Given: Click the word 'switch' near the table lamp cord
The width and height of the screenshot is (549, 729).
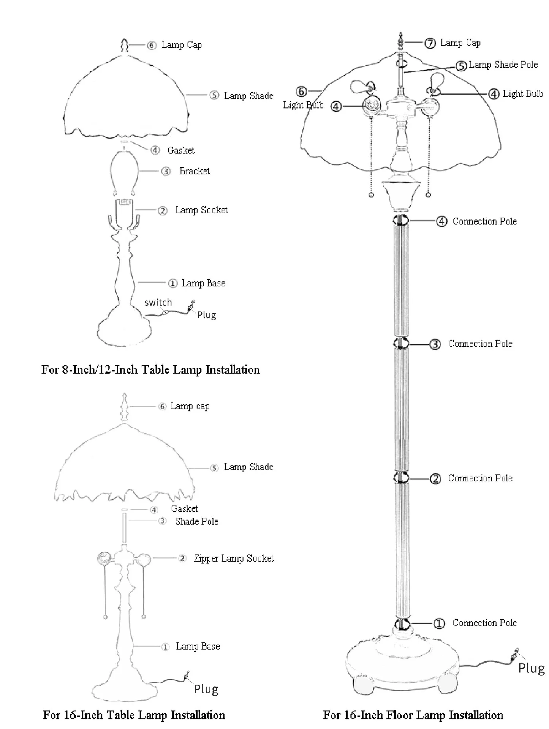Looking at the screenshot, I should [158, 303].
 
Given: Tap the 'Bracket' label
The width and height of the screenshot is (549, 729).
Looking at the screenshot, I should [195, 171].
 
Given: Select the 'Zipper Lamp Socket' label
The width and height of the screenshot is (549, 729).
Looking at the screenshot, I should [233, 558].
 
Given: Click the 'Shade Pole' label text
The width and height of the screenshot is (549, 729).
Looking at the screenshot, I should [196, 521].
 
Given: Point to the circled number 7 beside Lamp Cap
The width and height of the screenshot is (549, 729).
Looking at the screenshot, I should [430, 43].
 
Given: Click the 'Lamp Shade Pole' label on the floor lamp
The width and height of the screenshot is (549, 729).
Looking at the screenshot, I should [503, 65].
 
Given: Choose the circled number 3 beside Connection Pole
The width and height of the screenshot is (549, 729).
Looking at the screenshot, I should [435, 344].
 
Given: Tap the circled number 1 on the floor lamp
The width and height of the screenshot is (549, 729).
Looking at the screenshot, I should [439, 623].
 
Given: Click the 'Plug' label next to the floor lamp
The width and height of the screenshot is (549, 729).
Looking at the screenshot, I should [531, 668].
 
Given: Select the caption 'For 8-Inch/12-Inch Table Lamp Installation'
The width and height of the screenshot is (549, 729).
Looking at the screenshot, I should [150, 369].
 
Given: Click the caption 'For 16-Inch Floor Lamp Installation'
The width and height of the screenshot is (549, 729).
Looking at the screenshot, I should [413, 715].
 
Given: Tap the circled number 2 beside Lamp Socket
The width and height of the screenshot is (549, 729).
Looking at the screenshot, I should [163, 211].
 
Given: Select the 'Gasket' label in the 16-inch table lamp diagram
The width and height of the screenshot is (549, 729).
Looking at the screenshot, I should [184, 509].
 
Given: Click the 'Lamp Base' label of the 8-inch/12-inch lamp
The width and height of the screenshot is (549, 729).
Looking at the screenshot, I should [203, 283].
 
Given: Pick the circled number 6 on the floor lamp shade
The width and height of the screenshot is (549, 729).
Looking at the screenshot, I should [301, 92].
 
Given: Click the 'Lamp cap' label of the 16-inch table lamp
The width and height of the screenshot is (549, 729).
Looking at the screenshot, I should [190, 406].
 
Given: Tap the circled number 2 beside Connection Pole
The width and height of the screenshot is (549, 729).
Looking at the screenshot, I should [435, 479].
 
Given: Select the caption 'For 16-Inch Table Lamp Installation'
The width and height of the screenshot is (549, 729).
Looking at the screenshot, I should [134, 715].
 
